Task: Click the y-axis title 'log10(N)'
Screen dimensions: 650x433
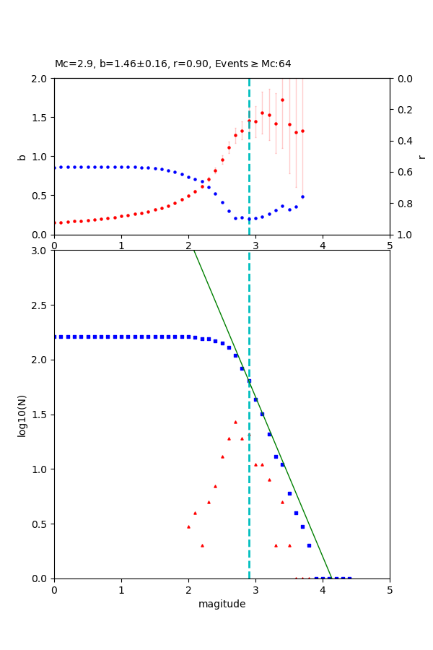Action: point(22,415)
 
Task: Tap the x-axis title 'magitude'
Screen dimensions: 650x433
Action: point(222,604)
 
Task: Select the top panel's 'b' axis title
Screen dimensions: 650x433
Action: point(22,156)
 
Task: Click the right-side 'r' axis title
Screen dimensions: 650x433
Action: point(421,156)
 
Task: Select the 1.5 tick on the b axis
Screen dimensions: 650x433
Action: point(40,118)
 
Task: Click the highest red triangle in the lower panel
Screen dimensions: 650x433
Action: point(235,422)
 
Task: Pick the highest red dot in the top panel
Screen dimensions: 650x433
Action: point(282,100)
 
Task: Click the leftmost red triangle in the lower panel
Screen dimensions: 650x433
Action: point(188,526)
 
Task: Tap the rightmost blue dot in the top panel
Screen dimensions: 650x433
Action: point(302,196)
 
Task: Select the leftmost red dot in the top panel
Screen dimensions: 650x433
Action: point(55,222)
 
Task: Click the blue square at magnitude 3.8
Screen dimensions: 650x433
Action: point(309,545)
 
